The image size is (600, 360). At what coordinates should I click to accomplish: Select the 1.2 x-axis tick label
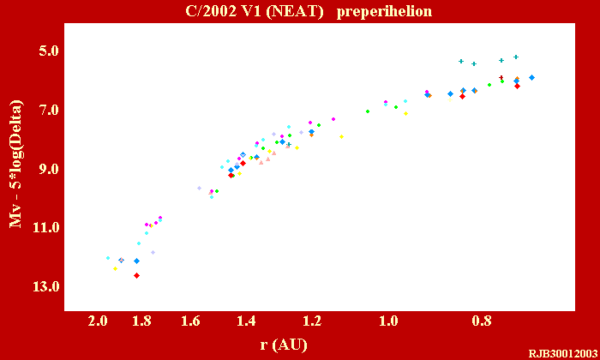312,321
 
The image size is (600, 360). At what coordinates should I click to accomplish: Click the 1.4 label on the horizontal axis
247,321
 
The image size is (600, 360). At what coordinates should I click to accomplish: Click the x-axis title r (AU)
284,345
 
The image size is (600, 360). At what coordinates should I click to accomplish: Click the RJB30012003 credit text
561,353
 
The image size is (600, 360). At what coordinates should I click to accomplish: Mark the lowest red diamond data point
136,275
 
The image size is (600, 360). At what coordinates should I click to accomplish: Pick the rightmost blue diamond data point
531,77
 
